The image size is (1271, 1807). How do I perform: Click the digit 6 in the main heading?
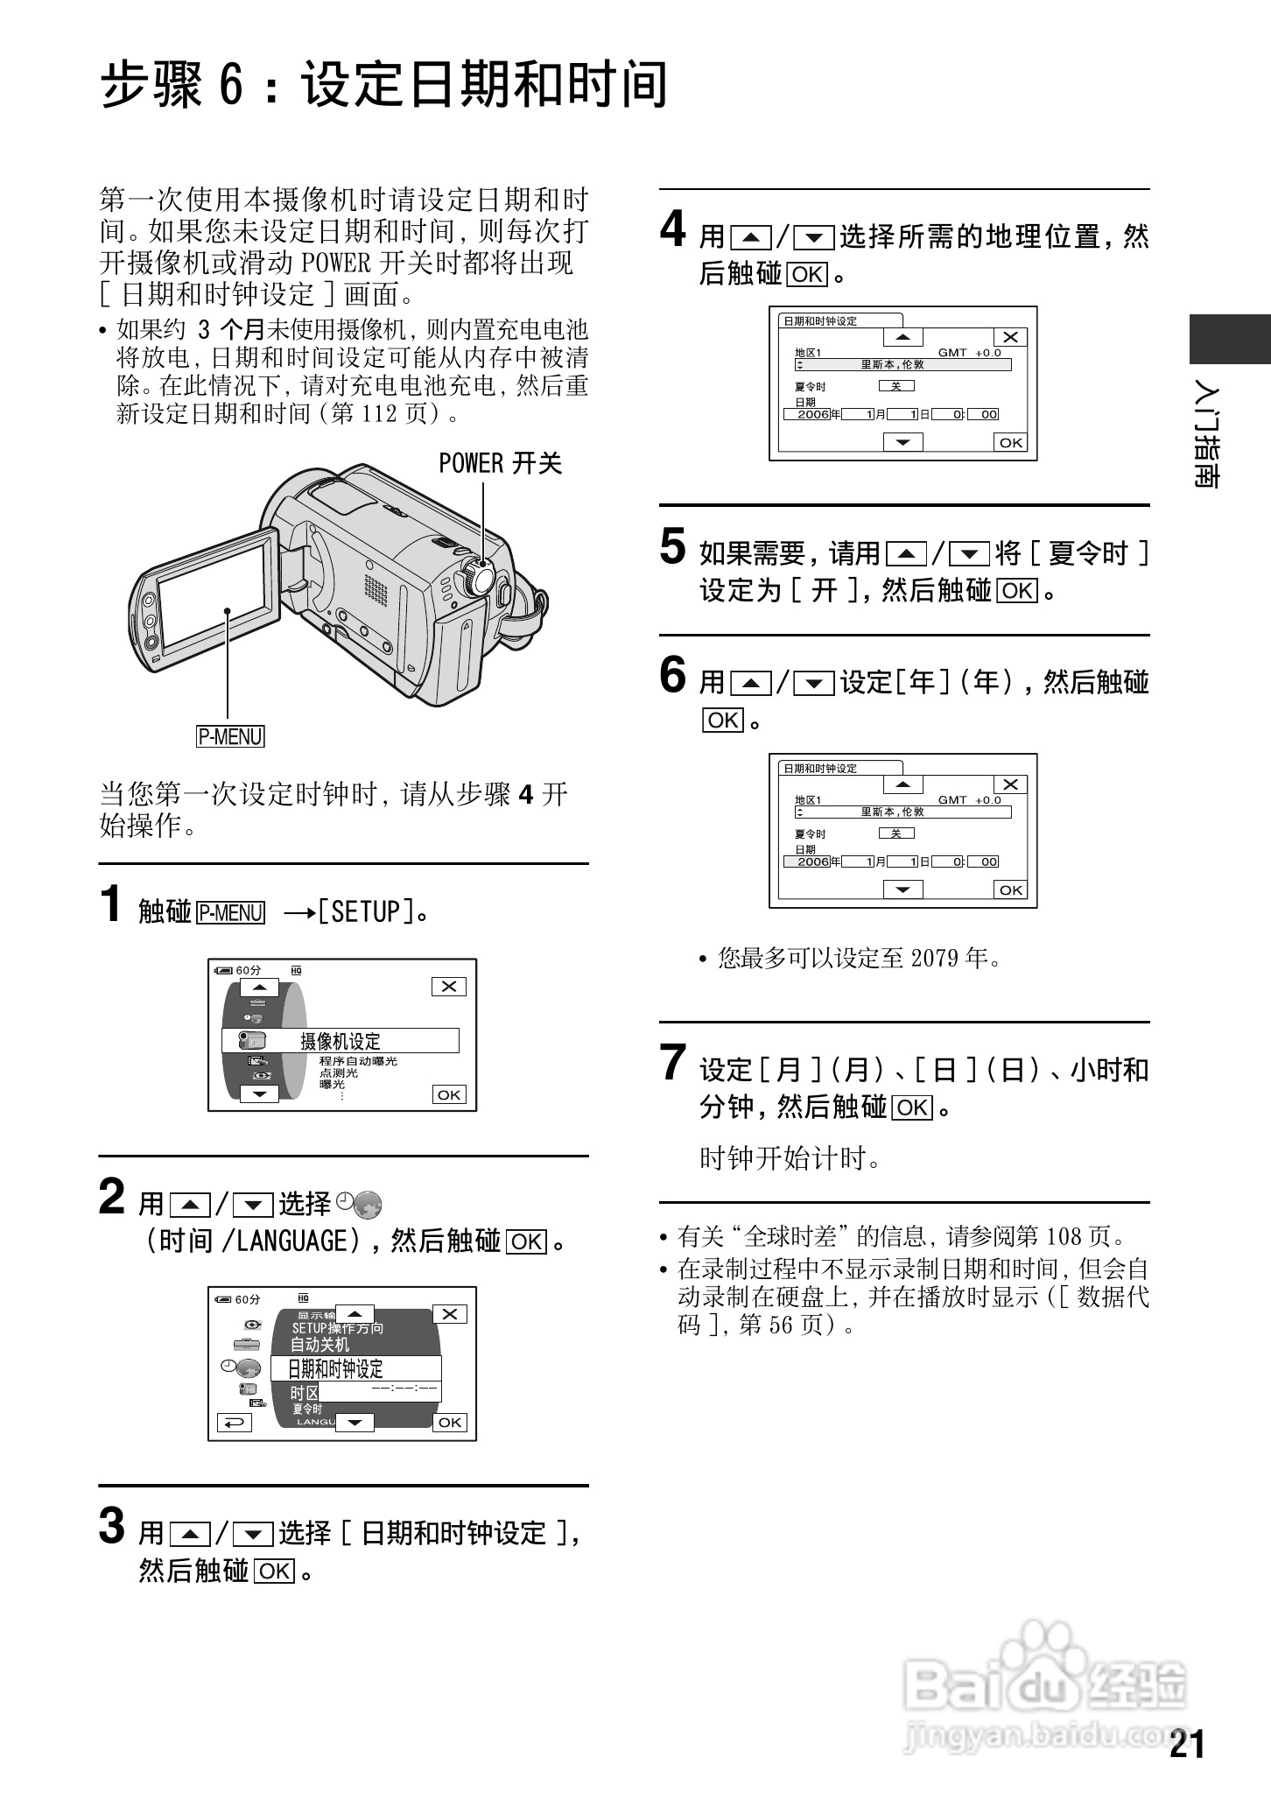click(229, 86)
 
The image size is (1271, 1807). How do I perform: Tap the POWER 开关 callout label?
click(500, 463)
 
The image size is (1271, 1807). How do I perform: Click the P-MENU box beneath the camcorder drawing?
click(230, 736)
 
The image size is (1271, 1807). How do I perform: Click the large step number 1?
click(111, 904)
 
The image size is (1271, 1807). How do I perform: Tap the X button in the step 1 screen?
click(449, 987)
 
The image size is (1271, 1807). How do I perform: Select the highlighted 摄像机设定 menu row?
click(341, 1041)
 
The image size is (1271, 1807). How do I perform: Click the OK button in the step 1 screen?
click(449, 1094)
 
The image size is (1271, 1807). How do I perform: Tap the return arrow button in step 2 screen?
click(234, 1423)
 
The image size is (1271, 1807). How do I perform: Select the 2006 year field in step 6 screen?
click(812, 861)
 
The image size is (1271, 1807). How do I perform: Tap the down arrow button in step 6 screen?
click(902, 889)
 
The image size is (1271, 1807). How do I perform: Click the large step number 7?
click(672, 1064)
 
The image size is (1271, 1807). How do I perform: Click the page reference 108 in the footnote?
click(1064, 1236)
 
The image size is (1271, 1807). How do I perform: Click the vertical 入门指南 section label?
click(1207, 435)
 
